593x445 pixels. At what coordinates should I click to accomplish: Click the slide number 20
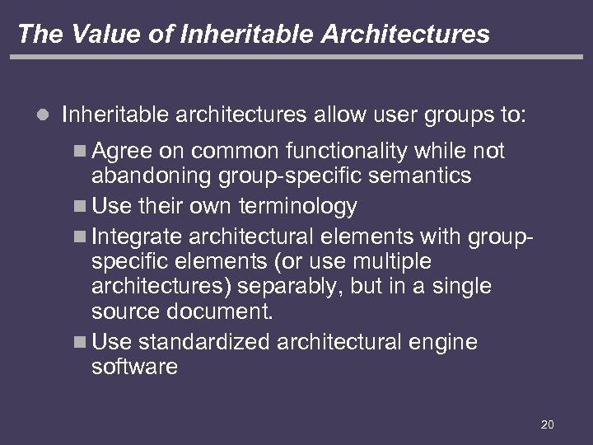click(548, 424)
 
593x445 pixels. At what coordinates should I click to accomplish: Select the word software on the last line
click(134, 367)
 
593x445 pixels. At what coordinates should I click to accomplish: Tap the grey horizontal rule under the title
click(296, 57)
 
